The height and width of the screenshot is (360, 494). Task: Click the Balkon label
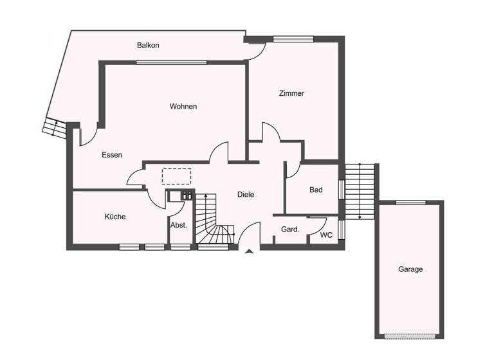[148, 46]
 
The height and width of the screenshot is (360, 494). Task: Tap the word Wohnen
[183, 106]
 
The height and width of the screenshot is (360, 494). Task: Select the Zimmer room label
[291, 93]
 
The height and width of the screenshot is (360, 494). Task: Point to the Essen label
[112, 155]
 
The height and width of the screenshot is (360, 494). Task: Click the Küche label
[115, 217]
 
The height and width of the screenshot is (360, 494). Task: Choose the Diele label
[246, 194]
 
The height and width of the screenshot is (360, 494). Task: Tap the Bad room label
[316, 190]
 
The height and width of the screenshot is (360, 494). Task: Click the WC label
[327, 235]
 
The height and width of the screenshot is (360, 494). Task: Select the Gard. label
[291, 230]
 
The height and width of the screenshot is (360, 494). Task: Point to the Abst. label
[178, 225]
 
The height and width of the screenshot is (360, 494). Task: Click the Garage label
[410, 269]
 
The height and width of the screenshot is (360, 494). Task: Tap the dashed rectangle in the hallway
[177, 176]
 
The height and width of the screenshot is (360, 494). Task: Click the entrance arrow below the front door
[249, 253]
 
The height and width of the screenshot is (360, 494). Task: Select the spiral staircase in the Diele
[214, 222]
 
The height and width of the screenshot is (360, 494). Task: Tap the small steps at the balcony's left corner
[54, 127]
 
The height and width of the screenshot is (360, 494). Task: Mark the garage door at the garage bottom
[410, 336]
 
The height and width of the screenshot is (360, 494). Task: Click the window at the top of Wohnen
[172, 62]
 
